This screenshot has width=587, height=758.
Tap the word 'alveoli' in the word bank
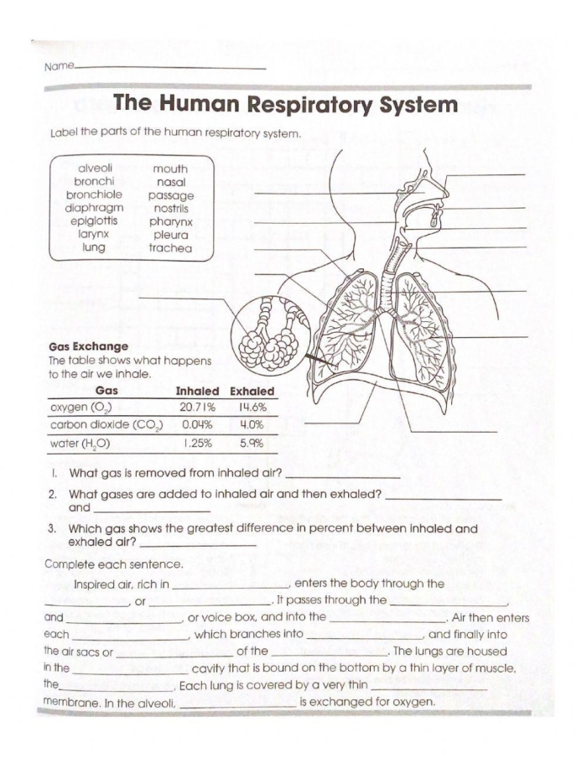coord(95,168)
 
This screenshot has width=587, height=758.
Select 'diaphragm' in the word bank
coord(95,208)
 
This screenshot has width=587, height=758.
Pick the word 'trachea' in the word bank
coord(170,248)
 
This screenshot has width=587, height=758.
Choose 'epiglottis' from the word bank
coord(95,221)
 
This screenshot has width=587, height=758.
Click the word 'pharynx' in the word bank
coord(170,221)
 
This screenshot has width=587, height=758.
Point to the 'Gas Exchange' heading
coord(88,346)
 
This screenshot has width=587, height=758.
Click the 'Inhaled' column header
coord(197,392)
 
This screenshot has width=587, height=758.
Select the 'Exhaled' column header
coord(252,392)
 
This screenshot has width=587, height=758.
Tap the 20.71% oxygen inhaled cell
coord(197,408)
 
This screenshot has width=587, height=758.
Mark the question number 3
coord(52,529)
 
